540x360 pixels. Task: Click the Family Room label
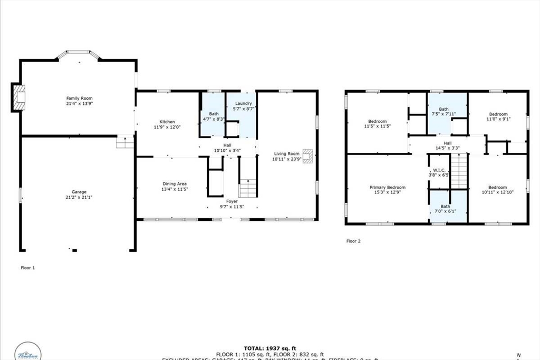pos(79,98)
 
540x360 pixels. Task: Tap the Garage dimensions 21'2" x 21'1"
pos(79,197)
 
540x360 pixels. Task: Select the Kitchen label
pos(167,122)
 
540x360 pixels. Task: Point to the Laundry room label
pos(243,103)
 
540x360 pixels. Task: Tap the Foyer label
pos(232,201)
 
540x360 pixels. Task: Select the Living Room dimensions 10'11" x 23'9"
pos(286,159)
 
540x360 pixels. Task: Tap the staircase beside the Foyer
pos(247,188)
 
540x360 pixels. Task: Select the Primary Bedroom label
pos(387,188)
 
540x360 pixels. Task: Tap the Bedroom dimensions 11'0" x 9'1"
pos(498,119)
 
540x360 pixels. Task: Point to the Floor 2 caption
pos(353,241)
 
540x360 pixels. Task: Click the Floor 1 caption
pos(27,268)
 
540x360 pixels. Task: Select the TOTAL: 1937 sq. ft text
pos(269,348)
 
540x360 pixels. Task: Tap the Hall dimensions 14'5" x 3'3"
pos(447,148)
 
